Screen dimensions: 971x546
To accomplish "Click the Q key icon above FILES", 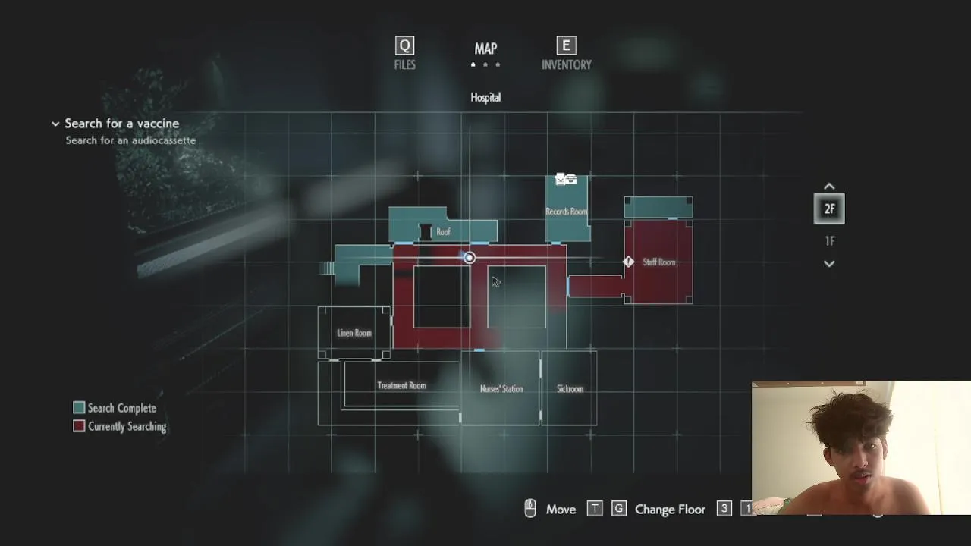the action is click(404, 45).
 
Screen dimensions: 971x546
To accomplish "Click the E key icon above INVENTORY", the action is click(566, 45).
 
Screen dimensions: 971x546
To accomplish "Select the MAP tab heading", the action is click(485, 49).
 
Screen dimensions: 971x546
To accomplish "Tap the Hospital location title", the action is click(485, 98).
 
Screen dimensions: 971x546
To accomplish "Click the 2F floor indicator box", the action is click(829, 209).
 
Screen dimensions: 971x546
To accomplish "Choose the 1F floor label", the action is click(830, 241).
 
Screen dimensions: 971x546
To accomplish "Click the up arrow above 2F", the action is click(829, 187).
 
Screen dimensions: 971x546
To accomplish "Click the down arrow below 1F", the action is click(829, 264).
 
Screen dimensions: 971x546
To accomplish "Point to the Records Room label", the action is click(566, 212).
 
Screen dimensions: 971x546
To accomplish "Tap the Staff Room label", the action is click(659, 262).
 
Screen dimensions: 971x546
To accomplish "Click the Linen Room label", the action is click(354, 333).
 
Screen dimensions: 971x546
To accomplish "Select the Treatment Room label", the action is click(401, 386).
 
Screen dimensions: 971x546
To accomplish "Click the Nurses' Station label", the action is click(501, 389).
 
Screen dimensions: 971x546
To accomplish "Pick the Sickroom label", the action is click(570, 389).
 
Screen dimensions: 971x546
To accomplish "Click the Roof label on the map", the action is click(443, 232).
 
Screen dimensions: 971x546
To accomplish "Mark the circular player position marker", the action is click(469, 258).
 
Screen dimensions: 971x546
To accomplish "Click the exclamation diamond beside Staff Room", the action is click(629, 262).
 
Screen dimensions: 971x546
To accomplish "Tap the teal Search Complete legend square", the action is click(79, 407).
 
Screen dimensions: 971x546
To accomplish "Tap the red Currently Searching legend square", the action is click(79, 426).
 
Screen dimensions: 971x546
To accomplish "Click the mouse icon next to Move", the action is click(530, 509).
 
